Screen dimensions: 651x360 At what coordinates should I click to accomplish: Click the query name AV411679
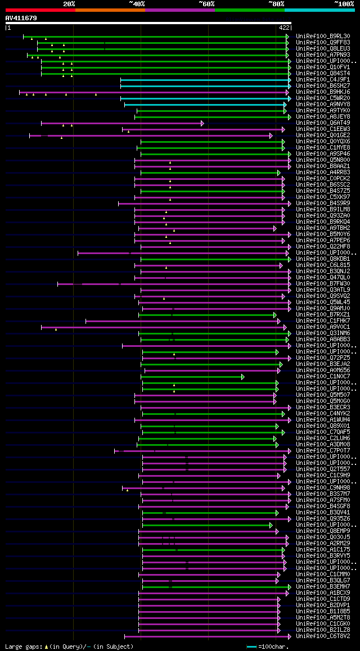(x=21, y=18)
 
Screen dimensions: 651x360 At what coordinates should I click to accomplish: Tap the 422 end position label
(x=283, y=28)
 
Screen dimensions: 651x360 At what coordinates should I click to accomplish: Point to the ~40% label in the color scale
(x=137, y=3)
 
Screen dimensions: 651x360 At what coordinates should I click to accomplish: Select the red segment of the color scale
(x=40, y=10)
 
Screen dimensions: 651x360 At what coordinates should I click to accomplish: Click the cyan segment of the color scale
(x=319, y=10)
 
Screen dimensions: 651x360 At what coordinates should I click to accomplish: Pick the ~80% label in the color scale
(x=276, y=3)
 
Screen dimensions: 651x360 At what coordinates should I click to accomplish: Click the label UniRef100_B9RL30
(x=323, y=37)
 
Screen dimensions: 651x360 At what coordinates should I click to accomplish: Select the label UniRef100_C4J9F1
(x=323, y=80)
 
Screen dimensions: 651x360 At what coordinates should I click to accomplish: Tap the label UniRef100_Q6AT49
(x=323, y=123)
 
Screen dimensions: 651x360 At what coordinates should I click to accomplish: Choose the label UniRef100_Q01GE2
(x=323, y=135)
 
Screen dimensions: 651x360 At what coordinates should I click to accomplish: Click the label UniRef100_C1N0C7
(x=323, y=377)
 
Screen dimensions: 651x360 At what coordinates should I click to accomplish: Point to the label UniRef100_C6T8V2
(x=323, y=636)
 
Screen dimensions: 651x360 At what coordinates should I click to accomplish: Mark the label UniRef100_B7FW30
(x=323, y=284)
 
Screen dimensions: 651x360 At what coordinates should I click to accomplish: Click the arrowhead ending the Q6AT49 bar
(x=202, y=123)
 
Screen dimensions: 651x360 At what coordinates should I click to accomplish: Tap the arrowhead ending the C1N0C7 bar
(x=242, y=377)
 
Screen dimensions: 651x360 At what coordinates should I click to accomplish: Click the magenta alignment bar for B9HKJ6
(x=152, y=92)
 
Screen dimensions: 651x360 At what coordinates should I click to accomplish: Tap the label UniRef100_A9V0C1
(x=323, y=327)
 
